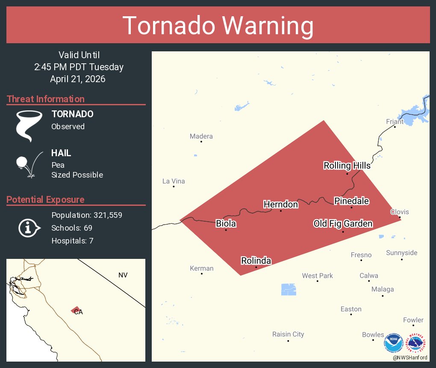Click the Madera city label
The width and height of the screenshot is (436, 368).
tap(201, 137)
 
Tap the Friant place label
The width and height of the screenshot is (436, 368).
tap(395, 122)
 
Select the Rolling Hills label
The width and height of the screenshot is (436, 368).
tap(347, 166)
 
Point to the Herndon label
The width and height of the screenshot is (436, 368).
tap(280, 205)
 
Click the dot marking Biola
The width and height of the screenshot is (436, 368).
tap(226, 230)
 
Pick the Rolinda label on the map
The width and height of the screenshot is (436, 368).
tap(256, 261)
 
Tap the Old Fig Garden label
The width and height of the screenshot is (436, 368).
tap(342, 224)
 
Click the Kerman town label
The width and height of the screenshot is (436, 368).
tap(201, 268)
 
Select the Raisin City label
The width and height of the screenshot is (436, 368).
tap(288, 334)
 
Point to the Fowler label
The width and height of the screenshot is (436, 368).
tap(413, 320)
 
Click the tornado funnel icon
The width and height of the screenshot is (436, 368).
tap(29, 126)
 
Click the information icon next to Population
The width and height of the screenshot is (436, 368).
tap(29, 228)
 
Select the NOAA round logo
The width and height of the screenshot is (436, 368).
tap(393, 344)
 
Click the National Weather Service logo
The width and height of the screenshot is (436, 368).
tap(417, 344)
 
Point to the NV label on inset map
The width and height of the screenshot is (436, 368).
tap(123, 275)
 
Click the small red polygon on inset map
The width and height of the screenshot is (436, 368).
tap(76, 309)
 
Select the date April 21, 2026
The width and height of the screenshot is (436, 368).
tap(77, 79)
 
